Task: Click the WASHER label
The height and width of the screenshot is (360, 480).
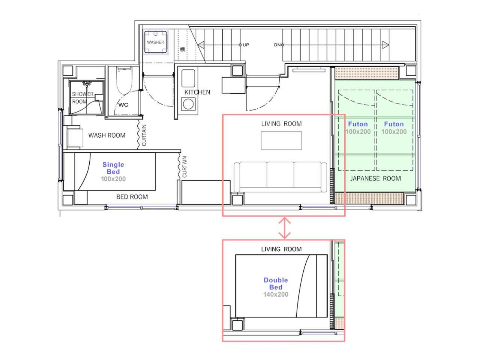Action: coord(155,42)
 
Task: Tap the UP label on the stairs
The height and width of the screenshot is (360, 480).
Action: coord(246,45)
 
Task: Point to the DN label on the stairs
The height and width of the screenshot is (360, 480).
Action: coord(277,45)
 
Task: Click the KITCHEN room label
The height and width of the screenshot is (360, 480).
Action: coord(197,92)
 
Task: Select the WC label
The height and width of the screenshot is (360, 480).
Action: coord(123,105)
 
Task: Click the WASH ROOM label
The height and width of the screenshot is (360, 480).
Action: coord(107,135)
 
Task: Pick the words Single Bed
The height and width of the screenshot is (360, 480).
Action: coord(113,168)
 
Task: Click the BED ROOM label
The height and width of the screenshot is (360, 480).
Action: coord(132,197)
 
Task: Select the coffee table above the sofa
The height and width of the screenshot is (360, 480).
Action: coord(281,141)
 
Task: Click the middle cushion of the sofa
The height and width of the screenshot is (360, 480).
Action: coord(280,175)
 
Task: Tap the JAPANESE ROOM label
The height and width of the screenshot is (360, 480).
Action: coord(375,178)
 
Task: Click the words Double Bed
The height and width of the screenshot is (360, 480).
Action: coord(276,283)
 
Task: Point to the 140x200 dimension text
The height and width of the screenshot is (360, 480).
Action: coord(276,294)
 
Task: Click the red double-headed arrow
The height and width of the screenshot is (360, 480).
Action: coord(284,228)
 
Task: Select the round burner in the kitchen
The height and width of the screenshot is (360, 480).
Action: coord(188,104)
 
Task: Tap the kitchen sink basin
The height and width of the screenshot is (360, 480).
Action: coord(188,78)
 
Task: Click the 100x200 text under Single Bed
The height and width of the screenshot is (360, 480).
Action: coord(113,179)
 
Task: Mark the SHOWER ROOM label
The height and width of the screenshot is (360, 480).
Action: coord(82,98)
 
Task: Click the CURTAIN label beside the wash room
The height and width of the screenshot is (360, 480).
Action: coord(144,135)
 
